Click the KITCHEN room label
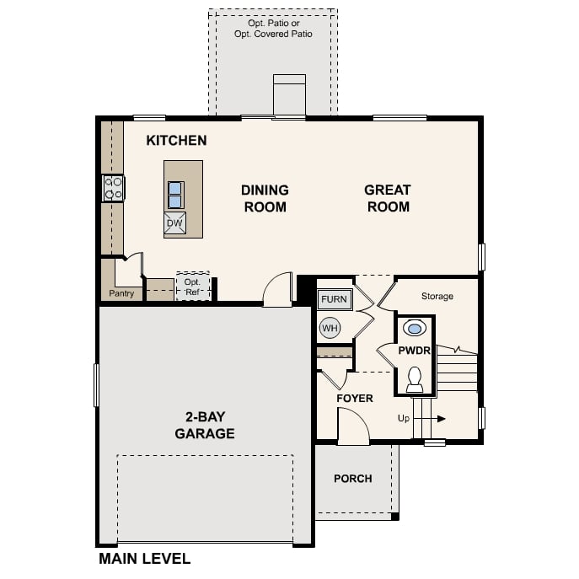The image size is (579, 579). pyautogui.click(x=176, y=140)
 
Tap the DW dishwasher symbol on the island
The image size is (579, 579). pyautogui.click(x=174, y=223)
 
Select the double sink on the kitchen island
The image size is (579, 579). pyautogui.click(x=175, y=195)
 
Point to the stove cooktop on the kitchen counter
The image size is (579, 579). pyautogui.click(x=112, y=188)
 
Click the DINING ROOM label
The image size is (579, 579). pyautogui.click(x=265, y=198)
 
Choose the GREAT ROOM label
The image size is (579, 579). pyautogui.click(x=388, y=198)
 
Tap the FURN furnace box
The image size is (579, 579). pyautogui.click(x=334, y=299)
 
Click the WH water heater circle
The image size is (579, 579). pyautogui.click(x=330, y=327)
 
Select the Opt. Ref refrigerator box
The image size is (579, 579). pyautogui.click(x=192, y=287)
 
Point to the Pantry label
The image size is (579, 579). pyautogui.click(x=121, y=294)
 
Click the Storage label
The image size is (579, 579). pyautogui.click(x=437, y=296)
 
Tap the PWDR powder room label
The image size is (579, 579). pyautogui.click(x=415, y=350)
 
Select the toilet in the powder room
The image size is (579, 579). pyautogui.click(x=415, y=379)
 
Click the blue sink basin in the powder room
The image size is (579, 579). pyautogui.click(x=415, y=328)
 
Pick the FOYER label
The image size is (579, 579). pyautogui.click(x=355, y=398)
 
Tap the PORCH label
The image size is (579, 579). pyautogui.click(x=352, y=479)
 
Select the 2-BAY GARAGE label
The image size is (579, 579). pyautogui.click(x=205, y=426)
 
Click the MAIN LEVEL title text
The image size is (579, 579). pyautogui.click(x=144, y=558)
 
